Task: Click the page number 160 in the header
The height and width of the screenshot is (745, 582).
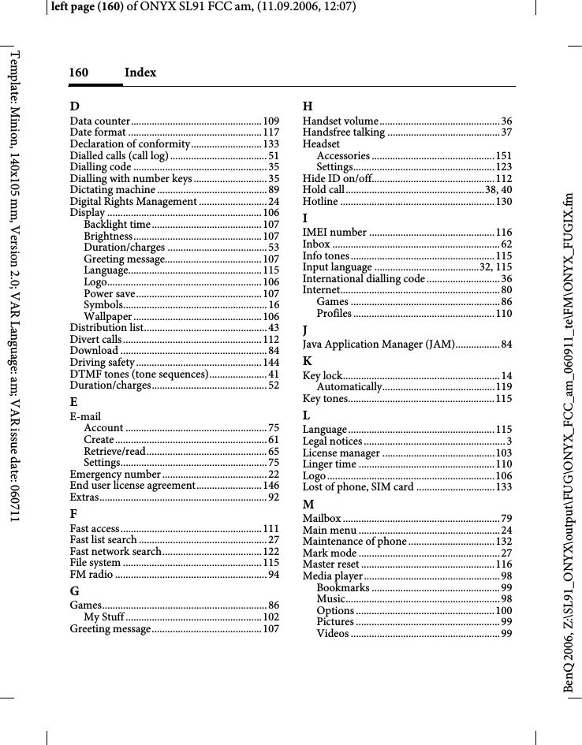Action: pyautogui.click(x=78, y=73)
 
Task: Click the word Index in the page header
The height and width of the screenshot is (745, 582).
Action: pyautogui.click(x=140, y=73)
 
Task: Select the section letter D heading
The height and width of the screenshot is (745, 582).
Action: pyautogui.click(x=74, y=106)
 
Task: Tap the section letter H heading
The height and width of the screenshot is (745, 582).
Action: pyautogui.click(x=308, y=106)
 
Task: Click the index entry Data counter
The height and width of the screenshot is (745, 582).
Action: pyautogui.click(x=100, y=121)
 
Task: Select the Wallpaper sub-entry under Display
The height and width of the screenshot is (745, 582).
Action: pyautogui.click(x=107, y=316)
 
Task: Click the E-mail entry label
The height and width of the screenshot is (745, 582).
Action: pyautogui.click(x=84, y=416)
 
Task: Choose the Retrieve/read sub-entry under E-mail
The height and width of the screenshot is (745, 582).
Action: pyautogui.click(x=114, y=451)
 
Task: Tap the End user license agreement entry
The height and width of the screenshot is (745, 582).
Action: pyautogui.click(x=132, y=486)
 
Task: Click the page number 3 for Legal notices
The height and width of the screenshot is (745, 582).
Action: pyautogui.click(x=509, y=441)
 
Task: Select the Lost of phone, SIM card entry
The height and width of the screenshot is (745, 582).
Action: pyautogui.click(x=359, y=487)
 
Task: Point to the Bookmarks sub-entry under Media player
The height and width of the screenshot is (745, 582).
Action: pyautogui.click(x=343, y=587)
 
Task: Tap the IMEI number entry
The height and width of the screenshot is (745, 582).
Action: pyautogui.click(x=335, y=233)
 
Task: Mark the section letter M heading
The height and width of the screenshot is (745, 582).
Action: pyautogui.click(x=309, y=505)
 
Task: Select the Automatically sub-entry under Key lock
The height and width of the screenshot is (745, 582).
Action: pyautogui.click(x=349, y=386)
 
